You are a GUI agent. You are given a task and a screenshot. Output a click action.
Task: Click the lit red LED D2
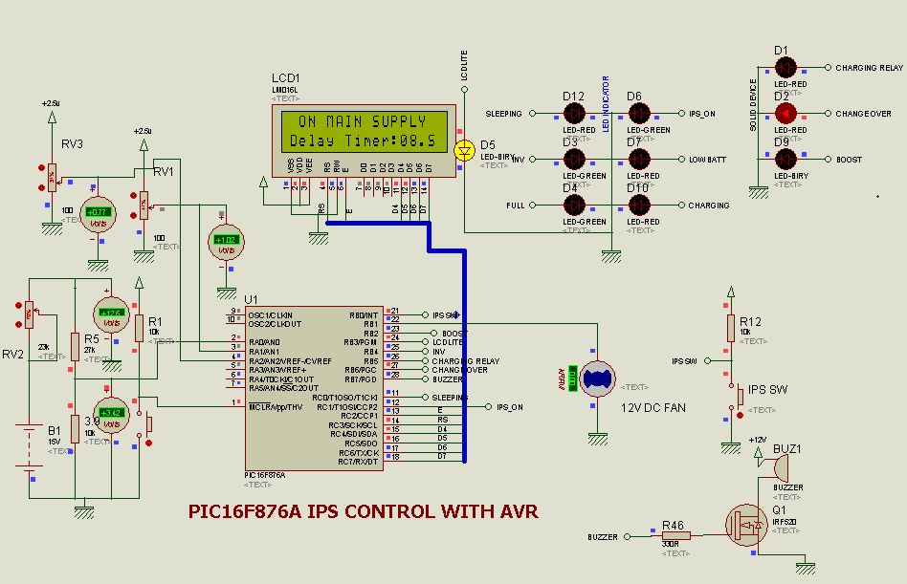785,114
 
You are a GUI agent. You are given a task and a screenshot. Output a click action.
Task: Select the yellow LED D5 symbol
464,150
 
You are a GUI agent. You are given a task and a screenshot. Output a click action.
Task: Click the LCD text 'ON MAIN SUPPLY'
363,122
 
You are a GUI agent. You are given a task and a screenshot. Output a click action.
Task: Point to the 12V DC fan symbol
599,379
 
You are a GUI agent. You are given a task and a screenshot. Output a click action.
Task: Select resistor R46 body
675,537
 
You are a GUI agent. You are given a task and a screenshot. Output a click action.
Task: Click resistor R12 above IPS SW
730,327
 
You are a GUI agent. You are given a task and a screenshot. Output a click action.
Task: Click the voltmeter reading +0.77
97,212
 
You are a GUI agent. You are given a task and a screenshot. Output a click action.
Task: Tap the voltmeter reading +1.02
226,240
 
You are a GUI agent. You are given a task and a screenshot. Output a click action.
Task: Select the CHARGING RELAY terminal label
869,68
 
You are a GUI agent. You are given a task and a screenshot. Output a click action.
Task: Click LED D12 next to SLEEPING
573,114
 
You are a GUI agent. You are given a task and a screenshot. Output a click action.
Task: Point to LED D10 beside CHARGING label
638,205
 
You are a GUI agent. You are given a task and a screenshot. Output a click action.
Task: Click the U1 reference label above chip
252,299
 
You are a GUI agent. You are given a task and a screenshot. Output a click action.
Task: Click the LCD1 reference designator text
285,78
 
